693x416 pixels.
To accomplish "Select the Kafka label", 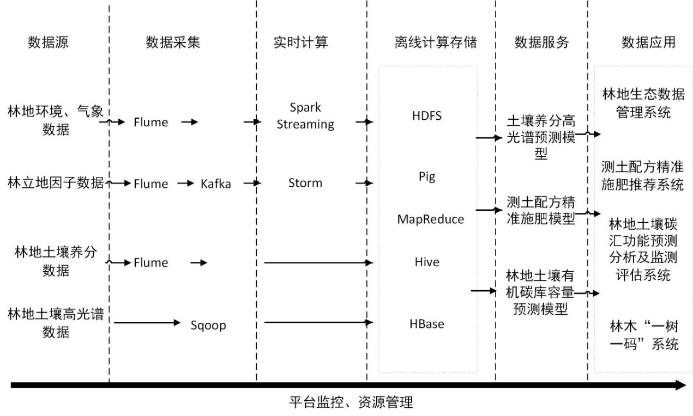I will pos(215,184).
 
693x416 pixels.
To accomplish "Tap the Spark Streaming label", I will pos(305,116).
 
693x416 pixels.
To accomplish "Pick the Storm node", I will pos(305,183).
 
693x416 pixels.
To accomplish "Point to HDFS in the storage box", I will pos(427,116).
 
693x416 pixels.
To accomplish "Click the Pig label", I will pos(427,177).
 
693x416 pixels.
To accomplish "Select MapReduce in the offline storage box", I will pos(431,219).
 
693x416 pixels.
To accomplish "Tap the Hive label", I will pos(427,262).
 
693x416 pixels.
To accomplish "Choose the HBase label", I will pos(427,324).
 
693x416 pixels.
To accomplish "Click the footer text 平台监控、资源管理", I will pos(351,403).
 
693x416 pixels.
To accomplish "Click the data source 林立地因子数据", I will pos(56,182).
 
